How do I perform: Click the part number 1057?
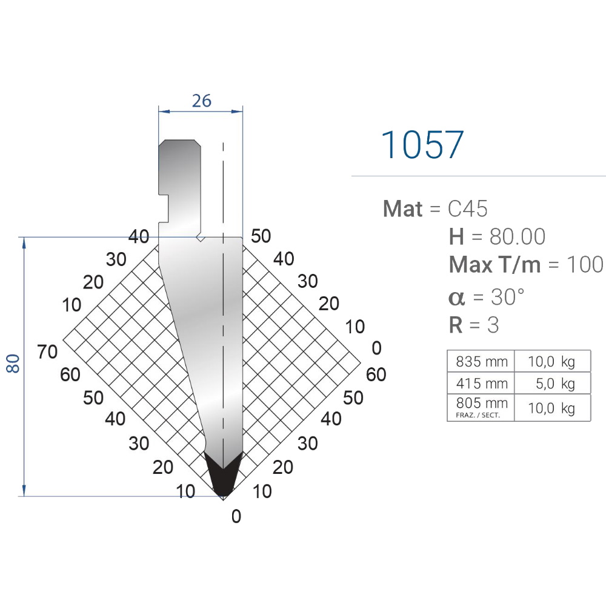pyautogui.click(x=422, y=145)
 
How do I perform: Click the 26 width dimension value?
pyautogui.click(x=202, y=101)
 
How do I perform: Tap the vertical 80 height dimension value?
pyautogui.click(x=13, y=363)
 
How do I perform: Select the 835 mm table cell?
pyautogui.click(x=481, y=361)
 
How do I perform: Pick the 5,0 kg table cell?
pyautogui.click(x=553, y=384)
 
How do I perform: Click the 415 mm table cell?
pyautogui.click(x=481, y=384)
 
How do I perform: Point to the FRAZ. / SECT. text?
pyautogui.click(x=478, y=415)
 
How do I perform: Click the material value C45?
pyautogui.click(x=468, y=208)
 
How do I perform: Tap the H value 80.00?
pyautogui.click(x=517, y=236)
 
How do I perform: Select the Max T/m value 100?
pyautogui.click(x=584, y=265)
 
